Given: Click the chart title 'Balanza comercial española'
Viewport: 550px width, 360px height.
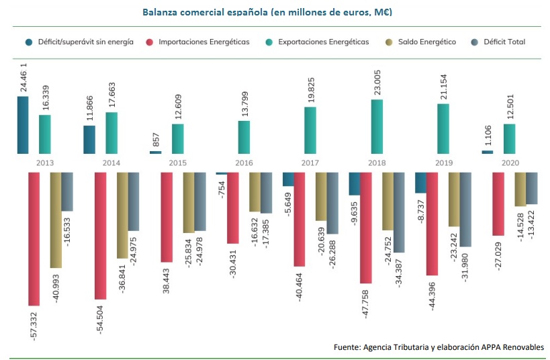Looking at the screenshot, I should pyautogui.click(x=267, y=12).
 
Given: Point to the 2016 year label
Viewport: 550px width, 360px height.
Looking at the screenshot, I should pyautogui.click(x=243, y=163).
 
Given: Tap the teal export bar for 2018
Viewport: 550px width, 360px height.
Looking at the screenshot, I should pyautogui.click(x=377, y=126).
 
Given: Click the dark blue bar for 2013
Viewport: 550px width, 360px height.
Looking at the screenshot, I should pyautogui.click(x=23, y=125).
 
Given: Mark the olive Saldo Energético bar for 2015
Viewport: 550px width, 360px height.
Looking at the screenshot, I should pyautogui.click(x=188, y=202).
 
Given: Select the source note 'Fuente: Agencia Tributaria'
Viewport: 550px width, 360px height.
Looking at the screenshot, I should pyautogui.click(x=439, y=347).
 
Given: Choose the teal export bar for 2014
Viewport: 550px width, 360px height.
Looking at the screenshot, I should pyautogui.click(x=111, y=132).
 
